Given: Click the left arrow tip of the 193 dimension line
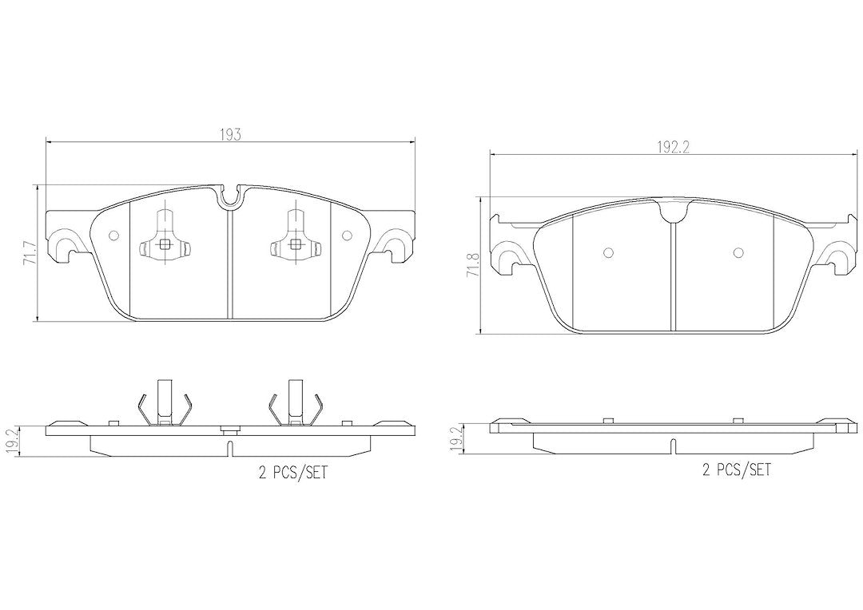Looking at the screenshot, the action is pyautogui.click(x=45, y=143).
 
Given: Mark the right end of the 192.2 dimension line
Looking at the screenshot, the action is pyautogui.click(x=857, y=155).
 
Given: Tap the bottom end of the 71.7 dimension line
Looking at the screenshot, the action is pyautogui.click(x=37, y=321).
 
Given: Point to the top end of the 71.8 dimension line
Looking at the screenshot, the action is pyautogui.click(x=482, y=197).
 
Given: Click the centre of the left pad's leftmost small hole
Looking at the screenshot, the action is pyautogui.click(x=114, y=236).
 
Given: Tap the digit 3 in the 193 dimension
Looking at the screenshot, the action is pyautogui.click(x=237, y=135).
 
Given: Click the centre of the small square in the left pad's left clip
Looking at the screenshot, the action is pyautogui.click(x=165, y=245).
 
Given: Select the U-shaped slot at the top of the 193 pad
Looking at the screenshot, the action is pyautogui.click(x=231, y=196).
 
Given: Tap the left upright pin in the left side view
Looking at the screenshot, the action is pyautogui.click(x=164, y=402).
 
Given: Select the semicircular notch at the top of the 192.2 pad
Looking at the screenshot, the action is pyautogui.click(x=673, y=211).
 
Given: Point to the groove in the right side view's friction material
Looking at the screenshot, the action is pyautogui.click(x=673, y=446).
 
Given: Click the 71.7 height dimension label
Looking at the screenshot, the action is pyautogui.click(x=30, y=252).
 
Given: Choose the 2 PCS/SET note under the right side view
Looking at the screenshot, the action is pyautogui.click(x=737, y=469).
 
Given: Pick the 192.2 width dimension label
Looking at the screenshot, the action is pyautogui.click(x=673, y=148).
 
